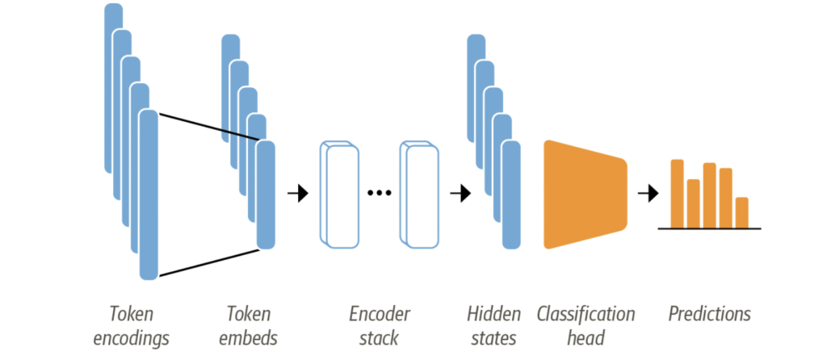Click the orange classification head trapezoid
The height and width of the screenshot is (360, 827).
[x=583, y=194]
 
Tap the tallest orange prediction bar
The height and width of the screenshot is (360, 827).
[x=678, y=194]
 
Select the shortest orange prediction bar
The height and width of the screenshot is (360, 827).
[x=742, y=212]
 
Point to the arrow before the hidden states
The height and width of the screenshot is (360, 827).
[x=460, y=194]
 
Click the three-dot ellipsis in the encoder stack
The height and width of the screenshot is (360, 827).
[x=379, y=194]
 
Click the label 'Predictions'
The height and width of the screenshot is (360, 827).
[x=709, y=314]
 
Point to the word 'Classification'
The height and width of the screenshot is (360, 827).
[x=586, y=314]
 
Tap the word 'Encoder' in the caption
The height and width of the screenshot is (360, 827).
[x=380, y=314]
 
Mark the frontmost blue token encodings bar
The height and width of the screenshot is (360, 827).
[x=149, y=194]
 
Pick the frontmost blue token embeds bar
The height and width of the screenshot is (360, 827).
[x=266, y=194]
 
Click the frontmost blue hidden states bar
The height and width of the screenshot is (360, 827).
[x=511, y=194]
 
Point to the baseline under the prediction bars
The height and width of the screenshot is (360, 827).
[x=709, y=229]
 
